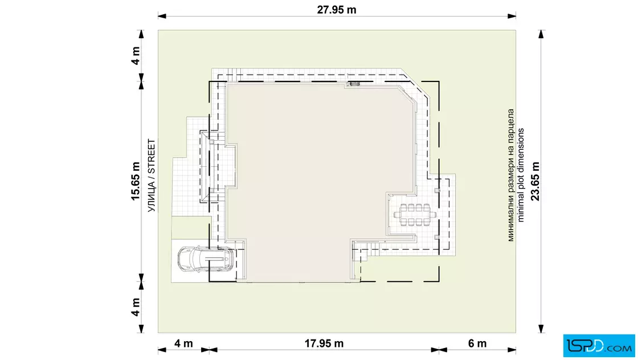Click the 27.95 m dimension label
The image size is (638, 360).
pyautogui.click(x=337, y=10)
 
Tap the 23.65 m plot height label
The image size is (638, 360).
pyautogui.click(x=535, y=181)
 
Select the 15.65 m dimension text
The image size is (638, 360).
pyautogui.click(x=136, y=181)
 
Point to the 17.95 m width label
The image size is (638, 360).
pyautogui.click(x=324, y=343)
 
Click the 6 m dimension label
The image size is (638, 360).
pyautogui.click(x=477, y=343)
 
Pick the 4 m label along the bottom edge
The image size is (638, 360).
pyautogui.click(x=183, y=343)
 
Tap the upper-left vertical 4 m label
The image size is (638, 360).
pyautogui.click(x=136, y=56)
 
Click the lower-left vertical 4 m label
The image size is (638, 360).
pyautogui.click(x=136, y=307)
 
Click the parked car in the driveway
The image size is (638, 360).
pyautogui.click(x=206, y=259)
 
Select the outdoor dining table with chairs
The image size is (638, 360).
pyautogui.click(x=415, y=214)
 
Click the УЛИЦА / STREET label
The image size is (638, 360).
pyautogui.click(x=152, y=175)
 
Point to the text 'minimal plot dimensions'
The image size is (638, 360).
pyautogui.click(x=521, y=175)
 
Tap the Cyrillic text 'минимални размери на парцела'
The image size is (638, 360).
pyautogui.click(x=511, y=175)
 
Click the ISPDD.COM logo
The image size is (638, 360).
pyautogui.click(x=599, y=346)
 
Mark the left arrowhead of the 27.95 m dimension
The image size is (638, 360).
pyautogui.click(x=162, y=17)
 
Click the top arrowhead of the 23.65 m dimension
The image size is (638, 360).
pyautogui.click(x=541, y=34)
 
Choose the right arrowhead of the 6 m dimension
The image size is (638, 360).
pyautogui.click(x=512, y=349)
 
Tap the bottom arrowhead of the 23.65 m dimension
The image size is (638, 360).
pyautogui.click(x=541, y=329)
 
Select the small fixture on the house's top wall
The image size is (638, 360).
pyautogui.click(x=353, y=84)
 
